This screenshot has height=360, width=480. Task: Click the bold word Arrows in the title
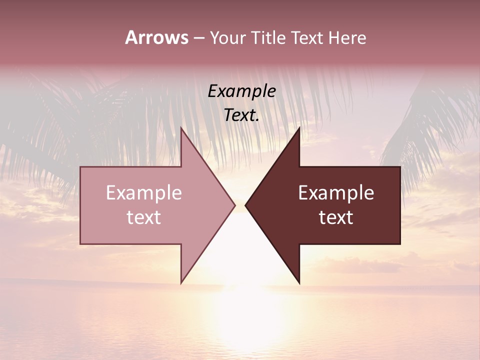click(x=156, y=37)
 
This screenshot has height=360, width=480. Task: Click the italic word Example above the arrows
click(x=241, y=91)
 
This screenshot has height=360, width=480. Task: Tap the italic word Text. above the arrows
click(x=241, y=115)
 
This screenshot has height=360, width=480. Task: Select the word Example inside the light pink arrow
click(x=143, y=193)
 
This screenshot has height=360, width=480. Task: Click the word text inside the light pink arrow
click(x=143, y=217)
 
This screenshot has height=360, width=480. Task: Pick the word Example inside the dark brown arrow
click(x=336, y=193)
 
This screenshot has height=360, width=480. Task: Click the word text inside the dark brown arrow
click(x=336, y=217)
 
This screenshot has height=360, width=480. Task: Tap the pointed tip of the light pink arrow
click(x=234, y=205)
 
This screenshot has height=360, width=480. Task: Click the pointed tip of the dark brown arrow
click(x=246, y=205)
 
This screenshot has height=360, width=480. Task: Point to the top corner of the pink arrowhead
click(x=181, y=128)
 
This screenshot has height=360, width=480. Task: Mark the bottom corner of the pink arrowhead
click(x=181, y=282)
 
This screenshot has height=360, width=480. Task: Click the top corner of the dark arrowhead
click(x=299, y=128)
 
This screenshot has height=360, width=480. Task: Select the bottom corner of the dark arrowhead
click(x=299, y=282)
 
